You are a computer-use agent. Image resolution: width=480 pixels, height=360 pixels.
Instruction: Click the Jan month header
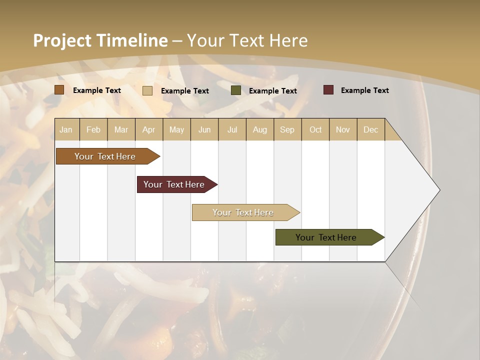pyautogui.click(x=66, y=129)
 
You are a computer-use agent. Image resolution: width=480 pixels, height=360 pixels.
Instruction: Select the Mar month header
pyautogui.click(x=121, y=129)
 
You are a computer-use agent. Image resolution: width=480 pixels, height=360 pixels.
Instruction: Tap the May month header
pyautogui.click(x=176, y=129)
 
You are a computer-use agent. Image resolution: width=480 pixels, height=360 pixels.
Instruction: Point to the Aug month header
pyautogui.click(x=259, y=129)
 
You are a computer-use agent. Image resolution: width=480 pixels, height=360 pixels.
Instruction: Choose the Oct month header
pyautogui.click(x=315, y=129)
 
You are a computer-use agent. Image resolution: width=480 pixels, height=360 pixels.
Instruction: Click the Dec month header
pyautogui.click(x=370, y=129)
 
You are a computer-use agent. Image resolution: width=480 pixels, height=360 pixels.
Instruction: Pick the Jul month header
pyautogui.click(x=232, y=129)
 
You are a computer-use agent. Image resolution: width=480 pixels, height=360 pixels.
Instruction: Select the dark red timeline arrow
pyautogui.click(x=175, y=184)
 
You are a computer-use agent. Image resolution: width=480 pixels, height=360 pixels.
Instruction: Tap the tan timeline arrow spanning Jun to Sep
pyautogui.click(x=244, y=212)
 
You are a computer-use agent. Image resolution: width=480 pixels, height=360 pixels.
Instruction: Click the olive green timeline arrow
pyautogui.click(x=327, y=237)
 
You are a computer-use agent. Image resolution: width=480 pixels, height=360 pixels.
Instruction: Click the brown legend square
pyautogui.click(x=59, y=90)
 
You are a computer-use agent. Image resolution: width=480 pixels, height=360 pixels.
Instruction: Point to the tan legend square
pyautogui.click(x=147, y=90)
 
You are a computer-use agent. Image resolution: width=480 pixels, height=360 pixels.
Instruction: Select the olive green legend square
pyautogui.click(x=235, y=90)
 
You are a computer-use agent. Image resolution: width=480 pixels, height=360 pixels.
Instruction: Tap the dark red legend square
pyautogui.click(x=328, y=90)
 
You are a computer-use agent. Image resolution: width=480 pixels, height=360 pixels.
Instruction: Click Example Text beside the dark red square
pyautogui.click(x=364, y=90)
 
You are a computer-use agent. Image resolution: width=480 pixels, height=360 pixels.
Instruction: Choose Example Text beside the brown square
pyautogui.click(x=97, y=90)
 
